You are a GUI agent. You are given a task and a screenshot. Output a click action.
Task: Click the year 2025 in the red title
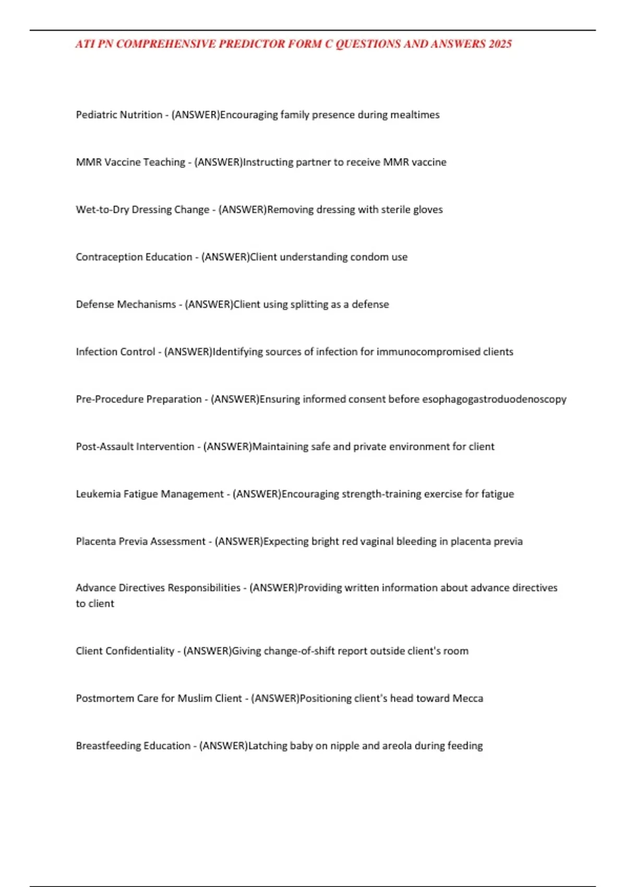point(500,44)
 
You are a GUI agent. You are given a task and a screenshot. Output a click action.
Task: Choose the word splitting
point(302,304)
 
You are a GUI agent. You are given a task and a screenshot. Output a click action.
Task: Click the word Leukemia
point(98,494)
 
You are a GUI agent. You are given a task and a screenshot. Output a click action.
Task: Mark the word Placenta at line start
point(95,542)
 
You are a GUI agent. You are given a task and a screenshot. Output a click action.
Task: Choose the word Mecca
point(468,699)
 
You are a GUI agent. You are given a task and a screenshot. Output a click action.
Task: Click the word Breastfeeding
point(108,746)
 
